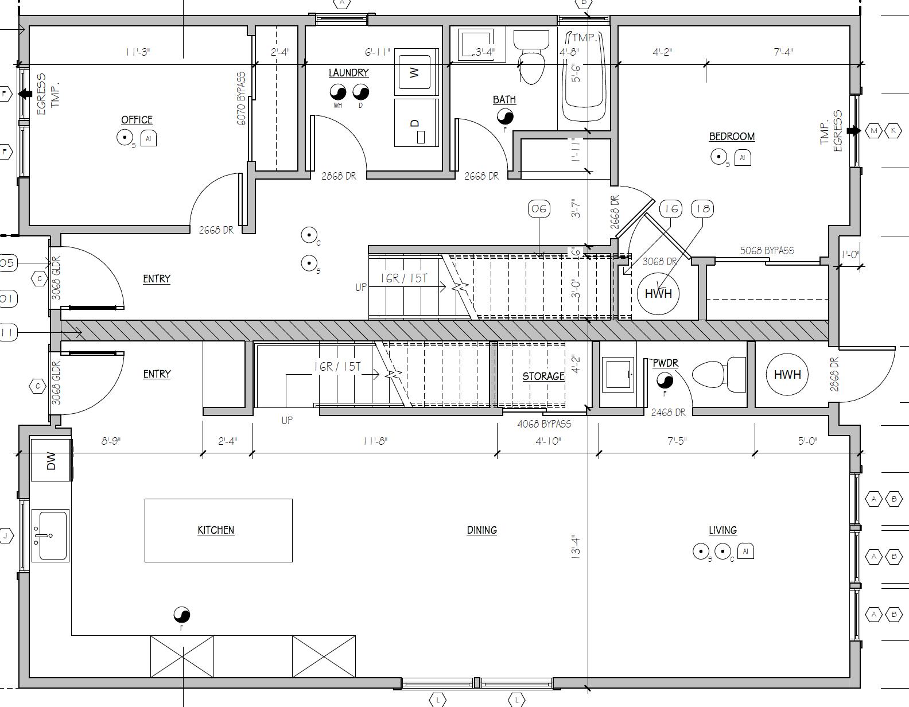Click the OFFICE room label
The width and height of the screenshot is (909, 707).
point(137,120)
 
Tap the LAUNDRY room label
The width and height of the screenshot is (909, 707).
point(348,73)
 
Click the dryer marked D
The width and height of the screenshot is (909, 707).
point(416,122)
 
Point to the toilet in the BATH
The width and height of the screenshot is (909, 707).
point(531,56)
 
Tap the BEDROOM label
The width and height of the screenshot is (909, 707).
point(732,137)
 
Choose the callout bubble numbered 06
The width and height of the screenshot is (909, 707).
point(539,209)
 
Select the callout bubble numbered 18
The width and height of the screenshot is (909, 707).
point(703,209)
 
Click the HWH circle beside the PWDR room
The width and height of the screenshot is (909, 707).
point(787,374)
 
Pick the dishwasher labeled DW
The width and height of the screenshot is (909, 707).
point(51,460)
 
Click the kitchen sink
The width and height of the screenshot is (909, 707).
point(50,535)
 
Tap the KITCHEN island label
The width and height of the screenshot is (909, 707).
point(216,530)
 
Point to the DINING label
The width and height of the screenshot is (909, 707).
point(482,530)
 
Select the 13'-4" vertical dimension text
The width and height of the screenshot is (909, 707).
point(576,547)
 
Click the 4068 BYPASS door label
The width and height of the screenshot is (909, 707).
point(544,424)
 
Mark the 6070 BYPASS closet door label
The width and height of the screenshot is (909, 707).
point(242,99)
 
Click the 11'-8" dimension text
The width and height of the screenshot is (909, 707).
point(375,441)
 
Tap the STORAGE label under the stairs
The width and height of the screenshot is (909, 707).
point(543,376)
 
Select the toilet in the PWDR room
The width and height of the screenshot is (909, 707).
point(719,374)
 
